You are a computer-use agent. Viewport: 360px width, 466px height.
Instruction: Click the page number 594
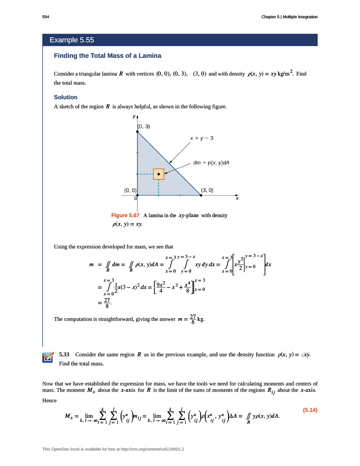point(46,17)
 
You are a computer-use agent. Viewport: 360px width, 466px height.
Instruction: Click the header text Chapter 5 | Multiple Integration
point(289,17)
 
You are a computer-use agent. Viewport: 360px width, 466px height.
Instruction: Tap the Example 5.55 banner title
point(71,40)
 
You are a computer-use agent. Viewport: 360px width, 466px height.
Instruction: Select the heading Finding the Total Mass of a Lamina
point(107,56)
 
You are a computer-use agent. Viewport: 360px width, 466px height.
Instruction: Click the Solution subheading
point(66,97)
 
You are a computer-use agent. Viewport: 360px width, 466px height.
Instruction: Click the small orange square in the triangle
point(158,174)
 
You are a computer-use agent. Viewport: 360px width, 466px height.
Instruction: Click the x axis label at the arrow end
point(237,198)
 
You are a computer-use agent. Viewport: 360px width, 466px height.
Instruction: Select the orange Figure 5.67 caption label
point(125,215)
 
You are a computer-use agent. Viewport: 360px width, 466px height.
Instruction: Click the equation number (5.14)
point(309,410)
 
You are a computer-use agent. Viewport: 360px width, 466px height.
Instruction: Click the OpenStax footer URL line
point(116,450)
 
